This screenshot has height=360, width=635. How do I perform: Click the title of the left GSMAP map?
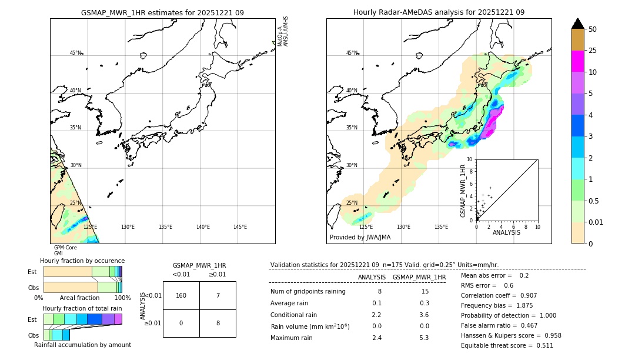162,12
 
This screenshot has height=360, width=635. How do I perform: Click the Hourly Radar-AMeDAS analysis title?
439,12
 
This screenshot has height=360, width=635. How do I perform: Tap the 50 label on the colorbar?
593,29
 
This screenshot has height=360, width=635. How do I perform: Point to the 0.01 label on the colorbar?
596,222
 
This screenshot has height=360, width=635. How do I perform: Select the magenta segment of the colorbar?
578,61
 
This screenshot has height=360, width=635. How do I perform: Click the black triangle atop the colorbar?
578,24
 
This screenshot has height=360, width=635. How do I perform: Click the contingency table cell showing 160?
181,295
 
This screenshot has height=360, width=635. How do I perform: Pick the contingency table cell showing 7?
218,295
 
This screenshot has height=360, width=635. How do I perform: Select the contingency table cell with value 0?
181,323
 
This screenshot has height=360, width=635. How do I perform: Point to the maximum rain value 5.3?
423,338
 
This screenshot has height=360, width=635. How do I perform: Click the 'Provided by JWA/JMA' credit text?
360,238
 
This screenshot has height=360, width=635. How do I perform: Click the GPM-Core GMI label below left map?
65,250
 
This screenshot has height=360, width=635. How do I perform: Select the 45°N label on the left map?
75,53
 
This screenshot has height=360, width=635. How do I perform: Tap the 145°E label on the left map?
240,227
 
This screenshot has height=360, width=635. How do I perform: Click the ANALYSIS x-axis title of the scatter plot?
506,232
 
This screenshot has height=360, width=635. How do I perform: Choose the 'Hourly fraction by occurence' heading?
82,261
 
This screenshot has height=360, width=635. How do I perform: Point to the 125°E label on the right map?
366,227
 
